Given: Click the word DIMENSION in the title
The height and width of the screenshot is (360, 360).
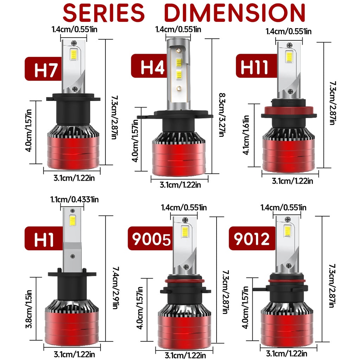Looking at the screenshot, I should pyautogui.click(x=234, y=13).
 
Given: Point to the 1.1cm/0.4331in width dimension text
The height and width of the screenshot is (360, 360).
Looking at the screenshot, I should pyautogui.click(x=74, y=200).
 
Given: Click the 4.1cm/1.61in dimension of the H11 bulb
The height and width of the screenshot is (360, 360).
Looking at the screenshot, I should pyautogui.click(x=246, y=135).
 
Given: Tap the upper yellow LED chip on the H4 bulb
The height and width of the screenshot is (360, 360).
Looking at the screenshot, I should pyautogui.click(x=179, y=63).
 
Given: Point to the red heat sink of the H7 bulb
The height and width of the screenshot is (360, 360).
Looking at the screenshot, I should pyautogui.click(x=73, y=151).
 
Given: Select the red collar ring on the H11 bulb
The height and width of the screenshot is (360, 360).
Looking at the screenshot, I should pyautogui.click(x=289, y=115).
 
